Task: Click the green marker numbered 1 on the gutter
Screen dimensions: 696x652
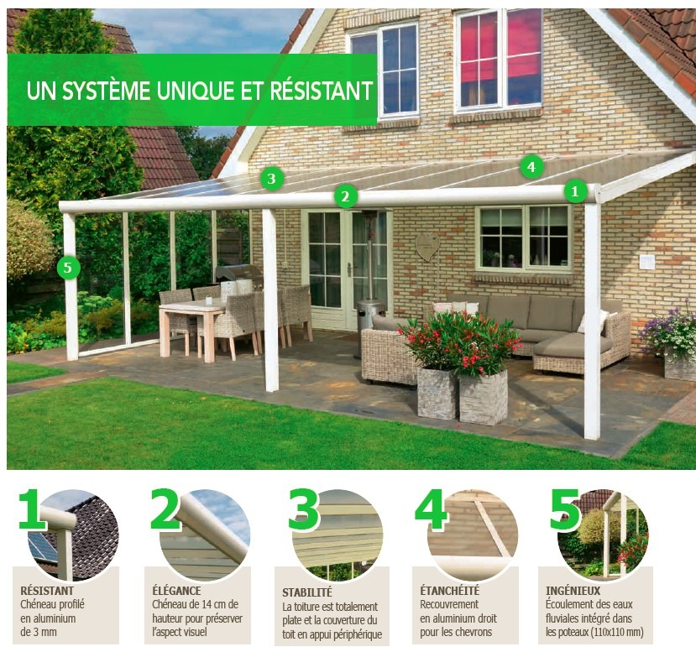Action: point(575,191)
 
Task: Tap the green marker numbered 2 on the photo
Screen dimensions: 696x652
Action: point(345,196)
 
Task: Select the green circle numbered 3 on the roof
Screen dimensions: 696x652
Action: point(271,178)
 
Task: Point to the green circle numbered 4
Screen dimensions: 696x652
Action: point(531,167)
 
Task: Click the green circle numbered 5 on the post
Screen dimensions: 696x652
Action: point(68,268)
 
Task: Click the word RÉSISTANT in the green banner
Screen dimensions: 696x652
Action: point(321,91)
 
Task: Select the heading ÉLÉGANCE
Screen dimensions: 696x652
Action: point(176,591)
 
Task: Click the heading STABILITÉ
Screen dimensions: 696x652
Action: point(307,592)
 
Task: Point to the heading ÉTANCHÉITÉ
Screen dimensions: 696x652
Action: point(450,591)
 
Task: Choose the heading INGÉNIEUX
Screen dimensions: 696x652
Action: point(573,591)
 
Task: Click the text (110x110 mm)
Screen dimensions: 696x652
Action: point(617,632)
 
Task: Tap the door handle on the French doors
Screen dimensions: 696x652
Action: point(349,269)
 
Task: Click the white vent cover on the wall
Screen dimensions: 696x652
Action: point(646,261)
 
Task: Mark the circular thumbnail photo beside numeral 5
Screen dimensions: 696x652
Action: point(602,535)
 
